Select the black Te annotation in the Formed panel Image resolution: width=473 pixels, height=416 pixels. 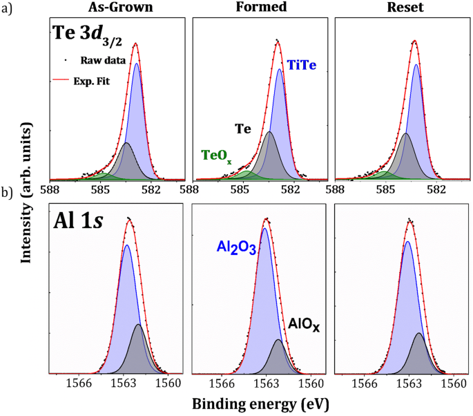coord(242,129)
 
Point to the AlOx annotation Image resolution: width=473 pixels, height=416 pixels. coord(304,323)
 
